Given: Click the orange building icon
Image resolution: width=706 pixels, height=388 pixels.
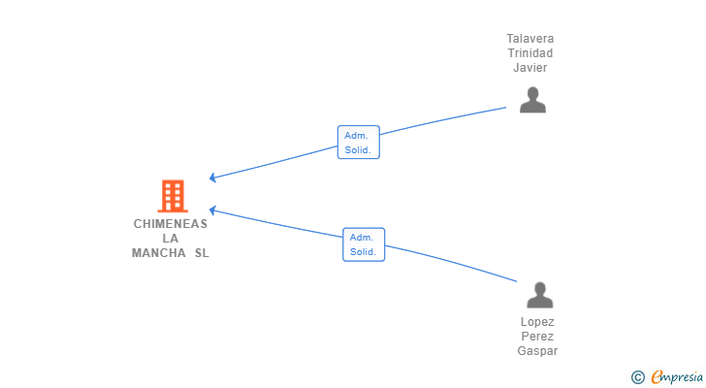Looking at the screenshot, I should click(173, 197).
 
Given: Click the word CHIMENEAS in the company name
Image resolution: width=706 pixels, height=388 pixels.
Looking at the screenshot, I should click(171, 223).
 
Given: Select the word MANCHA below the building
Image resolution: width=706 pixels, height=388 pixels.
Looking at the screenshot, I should click(158, 254).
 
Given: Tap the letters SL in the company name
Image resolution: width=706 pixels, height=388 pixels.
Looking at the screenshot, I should click(201, 254).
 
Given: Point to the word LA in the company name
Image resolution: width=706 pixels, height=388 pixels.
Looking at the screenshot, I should click(171, 239).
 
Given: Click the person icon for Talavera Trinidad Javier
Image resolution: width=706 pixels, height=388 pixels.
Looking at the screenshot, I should click(532, 100).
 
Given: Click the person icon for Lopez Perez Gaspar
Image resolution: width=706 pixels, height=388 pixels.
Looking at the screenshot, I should click(539, 295).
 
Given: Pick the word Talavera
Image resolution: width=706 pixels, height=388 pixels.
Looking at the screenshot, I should click(530, 39).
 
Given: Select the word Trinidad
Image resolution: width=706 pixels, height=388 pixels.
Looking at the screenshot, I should click(530, 53).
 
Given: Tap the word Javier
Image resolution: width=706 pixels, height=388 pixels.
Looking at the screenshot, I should click(530, 68).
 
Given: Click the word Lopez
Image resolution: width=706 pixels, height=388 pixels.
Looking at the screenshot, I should click(537, 322).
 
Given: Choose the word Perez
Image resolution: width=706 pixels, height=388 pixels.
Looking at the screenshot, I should click(537, 337).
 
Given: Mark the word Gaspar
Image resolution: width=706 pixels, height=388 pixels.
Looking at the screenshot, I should click(537, 351).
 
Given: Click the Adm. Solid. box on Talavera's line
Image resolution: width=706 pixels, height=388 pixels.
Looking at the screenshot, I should click(358, 143).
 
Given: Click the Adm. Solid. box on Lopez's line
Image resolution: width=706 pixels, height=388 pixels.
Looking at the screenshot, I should click(363, 244).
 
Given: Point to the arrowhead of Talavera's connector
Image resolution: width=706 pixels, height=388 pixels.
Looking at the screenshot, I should click(212, 178).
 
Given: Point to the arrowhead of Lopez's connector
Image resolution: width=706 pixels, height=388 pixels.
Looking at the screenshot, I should click(212, 210).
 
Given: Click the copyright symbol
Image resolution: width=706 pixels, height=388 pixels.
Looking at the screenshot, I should click(637, 377).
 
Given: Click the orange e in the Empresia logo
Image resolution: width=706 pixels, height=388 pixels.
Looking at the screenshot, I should click(657, 377).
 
